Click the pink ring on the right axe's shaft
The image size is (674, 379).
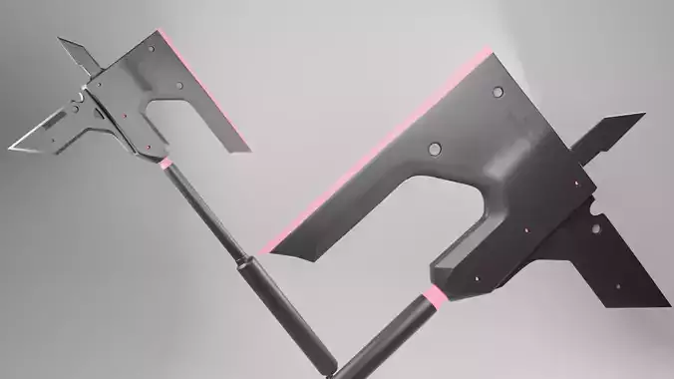435,296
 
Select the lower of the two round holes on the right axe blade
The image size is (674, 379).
436,150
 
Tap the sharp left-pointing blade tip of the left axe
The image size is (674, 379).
14,148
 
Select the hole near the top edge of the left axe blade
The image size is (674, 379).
151,47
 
